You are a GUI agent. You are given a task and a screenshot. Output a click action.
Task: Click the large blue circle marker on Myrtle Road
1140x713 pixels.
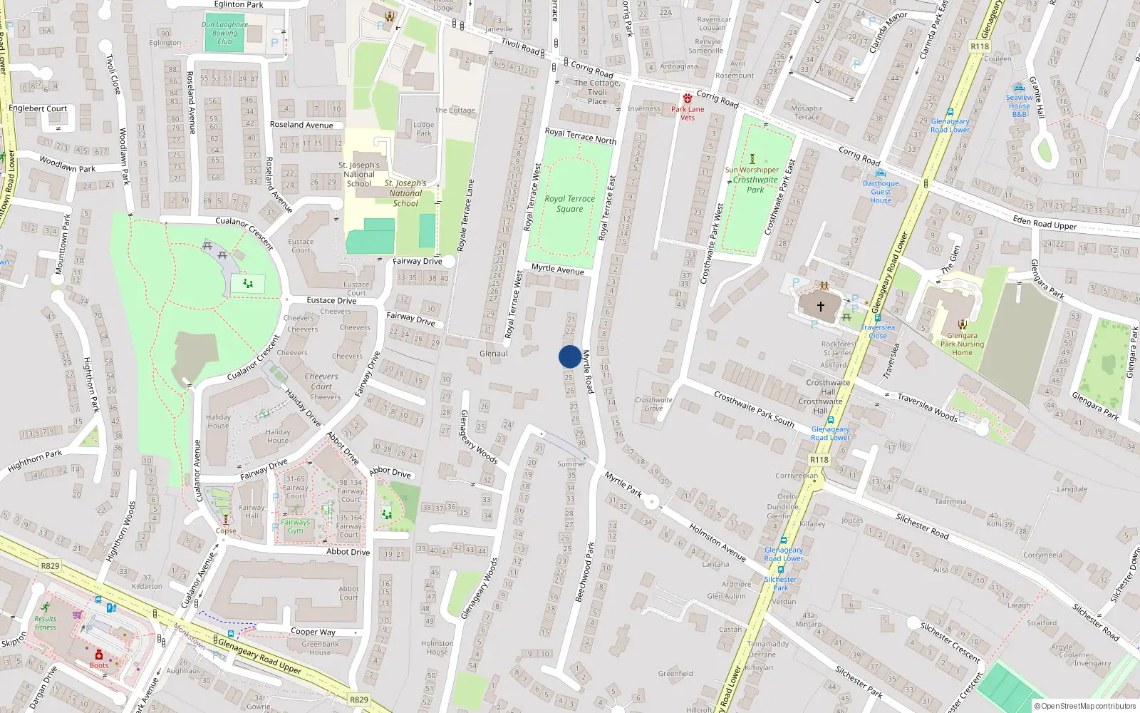click(x=569, y=356)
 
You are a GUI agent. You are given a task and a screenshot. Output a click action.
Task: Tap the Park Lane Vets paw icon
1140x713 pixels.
click(x=687, y=98)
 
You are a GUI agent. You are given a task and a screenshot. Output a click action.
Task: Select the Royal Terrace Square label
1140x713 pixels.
click(x=569, y=204)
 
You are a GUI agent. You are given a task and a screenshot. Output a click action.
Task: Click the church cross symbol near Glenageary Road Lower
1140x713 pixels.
click(x=820, y=307)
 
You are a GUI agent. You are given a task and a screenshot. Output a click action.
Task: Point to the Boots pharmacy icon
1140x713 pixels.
click(x=99, y=655)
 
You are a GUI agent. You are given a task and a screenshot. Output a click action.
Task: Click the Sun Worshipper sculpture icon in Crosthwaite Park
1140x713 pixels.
click(x=752, y=159)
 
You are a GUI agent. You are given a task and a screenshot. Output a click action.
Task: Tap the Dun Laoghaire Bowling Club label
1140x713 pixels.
click(x=224, y=33)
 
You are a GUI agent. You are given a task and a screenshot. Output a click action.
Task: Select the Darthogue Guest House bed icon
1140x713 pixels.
click(x=881, y=173)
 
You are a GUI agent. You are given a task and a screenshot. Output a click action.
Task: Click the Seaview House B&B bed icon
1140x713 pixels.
click(x=1020, y=88)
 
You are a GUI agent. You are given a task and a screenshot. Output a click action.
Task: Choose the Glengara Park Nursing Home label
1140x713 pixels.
click(x=962, y=344)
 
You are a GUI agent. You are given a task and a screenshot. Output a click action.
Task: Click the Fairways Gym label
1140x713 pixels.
click(x=295, y=526)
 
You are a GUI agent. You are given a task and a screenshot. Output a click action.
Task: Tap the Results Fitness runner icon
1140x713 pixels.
click(x=45, y=607)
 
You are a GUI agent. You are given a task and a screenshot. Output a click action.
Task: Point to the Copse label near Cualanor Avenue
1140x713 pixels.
click(x=226, y=530)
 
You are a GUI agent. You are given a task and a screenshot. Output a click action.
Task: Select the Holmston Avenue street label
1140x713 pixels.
click(x=717, y=542)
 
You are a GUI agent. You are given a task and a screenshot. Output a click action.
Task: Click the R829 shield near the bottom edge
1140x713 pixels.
click(x=359, y=699)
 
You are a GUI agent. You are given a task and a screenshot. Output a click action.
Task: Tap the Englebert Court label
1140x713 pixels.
click(x=38, y=108)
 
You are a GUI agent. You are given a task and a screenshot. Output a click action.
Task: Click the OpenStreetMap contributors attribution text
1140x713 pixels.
click(x=1084, y=706)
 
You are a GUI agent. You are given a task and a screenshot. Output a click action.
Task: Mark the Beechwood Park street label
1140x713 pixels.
click(x=585, y=572)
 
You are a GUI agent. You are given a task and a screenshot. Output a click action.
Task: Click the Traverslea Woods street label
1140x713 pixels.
click(x=927, y=407)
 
